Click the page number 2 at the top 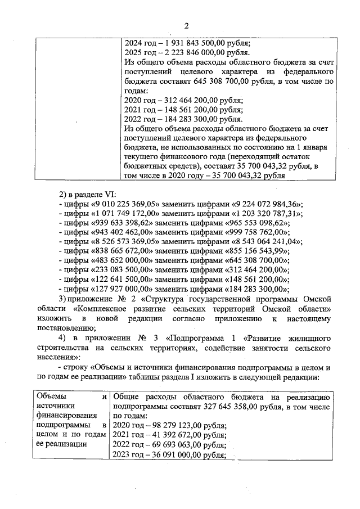pyautogui.click(x=186, y=25)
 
